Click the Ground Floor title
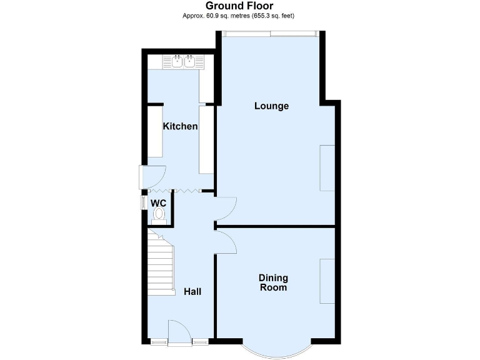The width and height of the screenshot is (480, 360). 239,6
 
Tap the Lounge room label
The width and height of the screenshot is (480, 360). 271,106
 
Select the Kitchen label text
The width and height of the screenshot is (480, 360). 180,126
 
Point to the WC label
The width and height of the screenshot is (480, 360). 157,202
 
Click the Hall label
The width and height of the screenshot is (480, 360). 192,291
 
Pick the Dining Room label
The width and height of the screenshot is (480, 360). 274,282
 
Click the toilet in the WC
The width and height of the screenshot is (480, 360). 159,214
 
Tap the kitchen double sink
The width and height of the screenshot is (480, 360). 183,61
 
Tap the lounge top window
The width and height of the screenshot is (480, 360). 271,34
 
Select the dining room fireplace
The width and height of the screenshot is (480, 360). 327,281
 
